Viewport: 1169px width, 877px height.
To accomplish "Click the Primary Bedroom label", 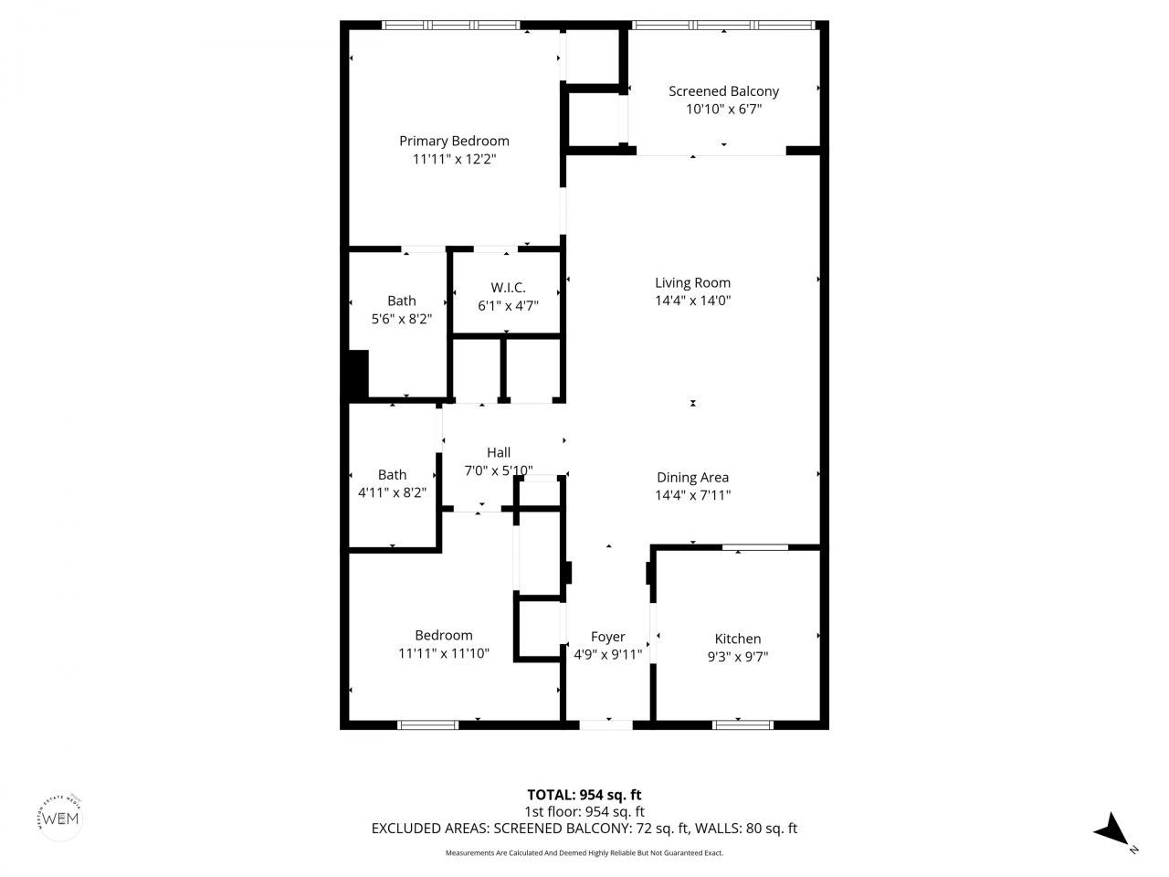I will coord(454,141).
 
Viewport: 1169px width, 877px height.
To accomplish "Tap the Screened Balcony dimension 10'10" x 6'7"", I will coord(723,110).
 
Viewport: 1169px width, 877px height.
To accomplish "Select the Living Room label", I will coord(692,282).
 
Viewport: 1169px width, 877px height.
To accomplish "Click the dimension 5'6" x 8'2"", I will coord(401,319).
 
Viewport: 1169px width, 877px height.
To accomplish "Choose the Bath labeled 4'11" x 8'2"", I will coord(392,474).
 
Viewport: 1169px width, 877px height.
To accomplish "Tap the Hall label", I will coord(499,452).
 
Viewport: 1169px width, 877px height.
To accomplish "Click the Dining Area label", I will coord(692,477).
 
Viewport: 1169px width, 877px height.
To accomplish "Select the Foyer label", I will coord(608,637).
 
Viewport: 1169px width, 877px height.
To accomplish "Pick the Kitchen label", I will coord(737,639).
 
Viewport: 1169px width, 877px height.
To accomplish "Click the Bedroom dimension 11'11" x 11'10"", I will coord(444,653).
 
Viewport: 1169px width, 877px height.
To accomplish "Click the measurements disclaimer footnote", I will coord(584,853).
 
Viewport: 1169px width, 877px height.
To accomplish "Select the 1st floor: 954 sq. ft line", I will coord(584,811).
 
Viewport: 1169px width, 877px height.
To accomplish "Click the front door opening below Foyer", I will coord(606,724).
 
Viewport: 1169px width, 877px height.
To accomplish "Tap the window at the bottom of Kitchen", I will coord(742,724).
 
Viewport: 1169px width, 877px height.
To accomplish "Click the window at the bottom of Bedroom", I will coord(428,724).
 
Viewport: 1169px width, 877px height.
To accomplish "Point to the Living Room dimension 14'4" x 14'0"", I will coord(692,301).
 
